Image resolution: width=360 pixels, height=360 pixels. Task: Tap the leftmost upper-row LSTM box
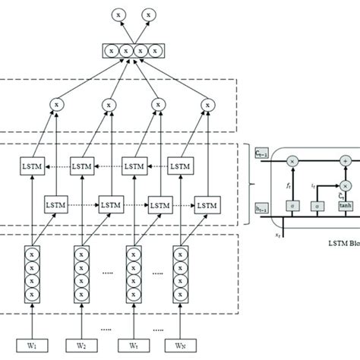tap(33, 165)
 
